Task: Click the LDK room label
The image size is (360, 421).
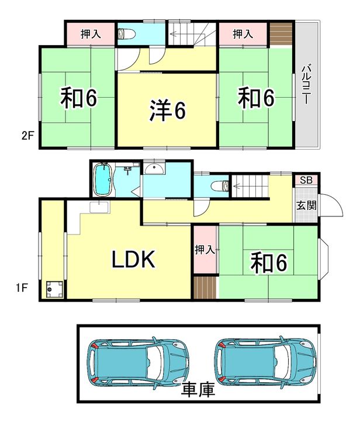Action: click(x=134, y=259)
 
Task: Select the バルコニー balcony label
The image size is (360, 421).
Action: click(x=306, y=85)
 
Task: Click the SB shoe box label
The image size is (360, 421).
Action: click(x=306, y=180)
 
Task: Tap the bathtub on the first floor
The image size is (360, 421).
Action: click(x=103, y=179)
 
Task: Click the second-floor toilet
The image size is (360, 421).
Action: click(x=127, y=33)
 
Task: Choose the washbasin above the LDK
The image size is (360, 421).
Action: click(x=154, y=169)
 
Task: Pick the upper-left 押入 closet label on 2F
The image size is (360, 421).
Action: click(x=91, y=33)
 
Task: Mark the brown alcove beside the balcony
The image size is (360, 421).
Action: click(x=281, y=33)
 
